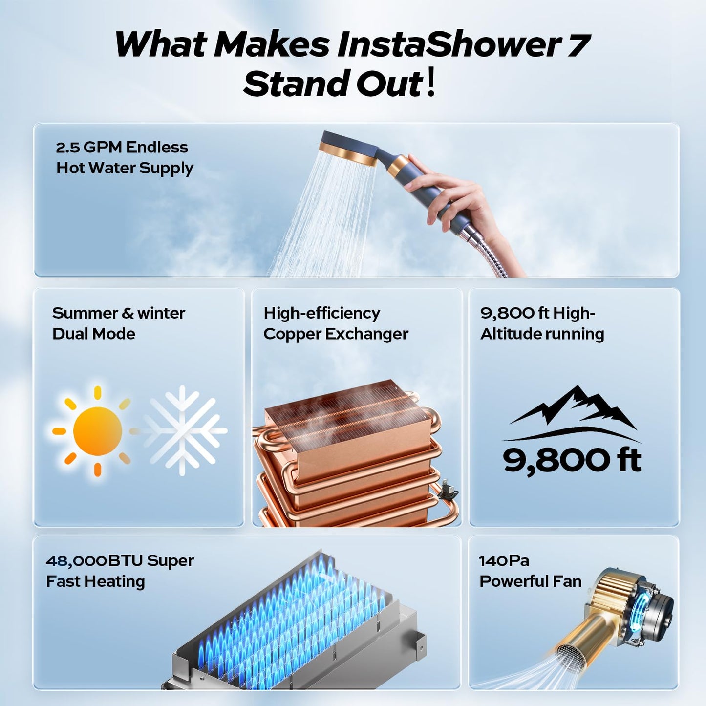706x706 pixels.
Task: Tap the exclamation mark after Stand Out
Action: (430, 83)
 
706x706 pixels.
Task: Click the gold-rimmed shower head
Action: (348, 149)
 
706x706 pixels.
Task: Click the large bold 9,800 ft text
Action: (572, 460)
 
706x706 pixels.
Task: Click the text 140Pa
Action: (504, 560)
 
